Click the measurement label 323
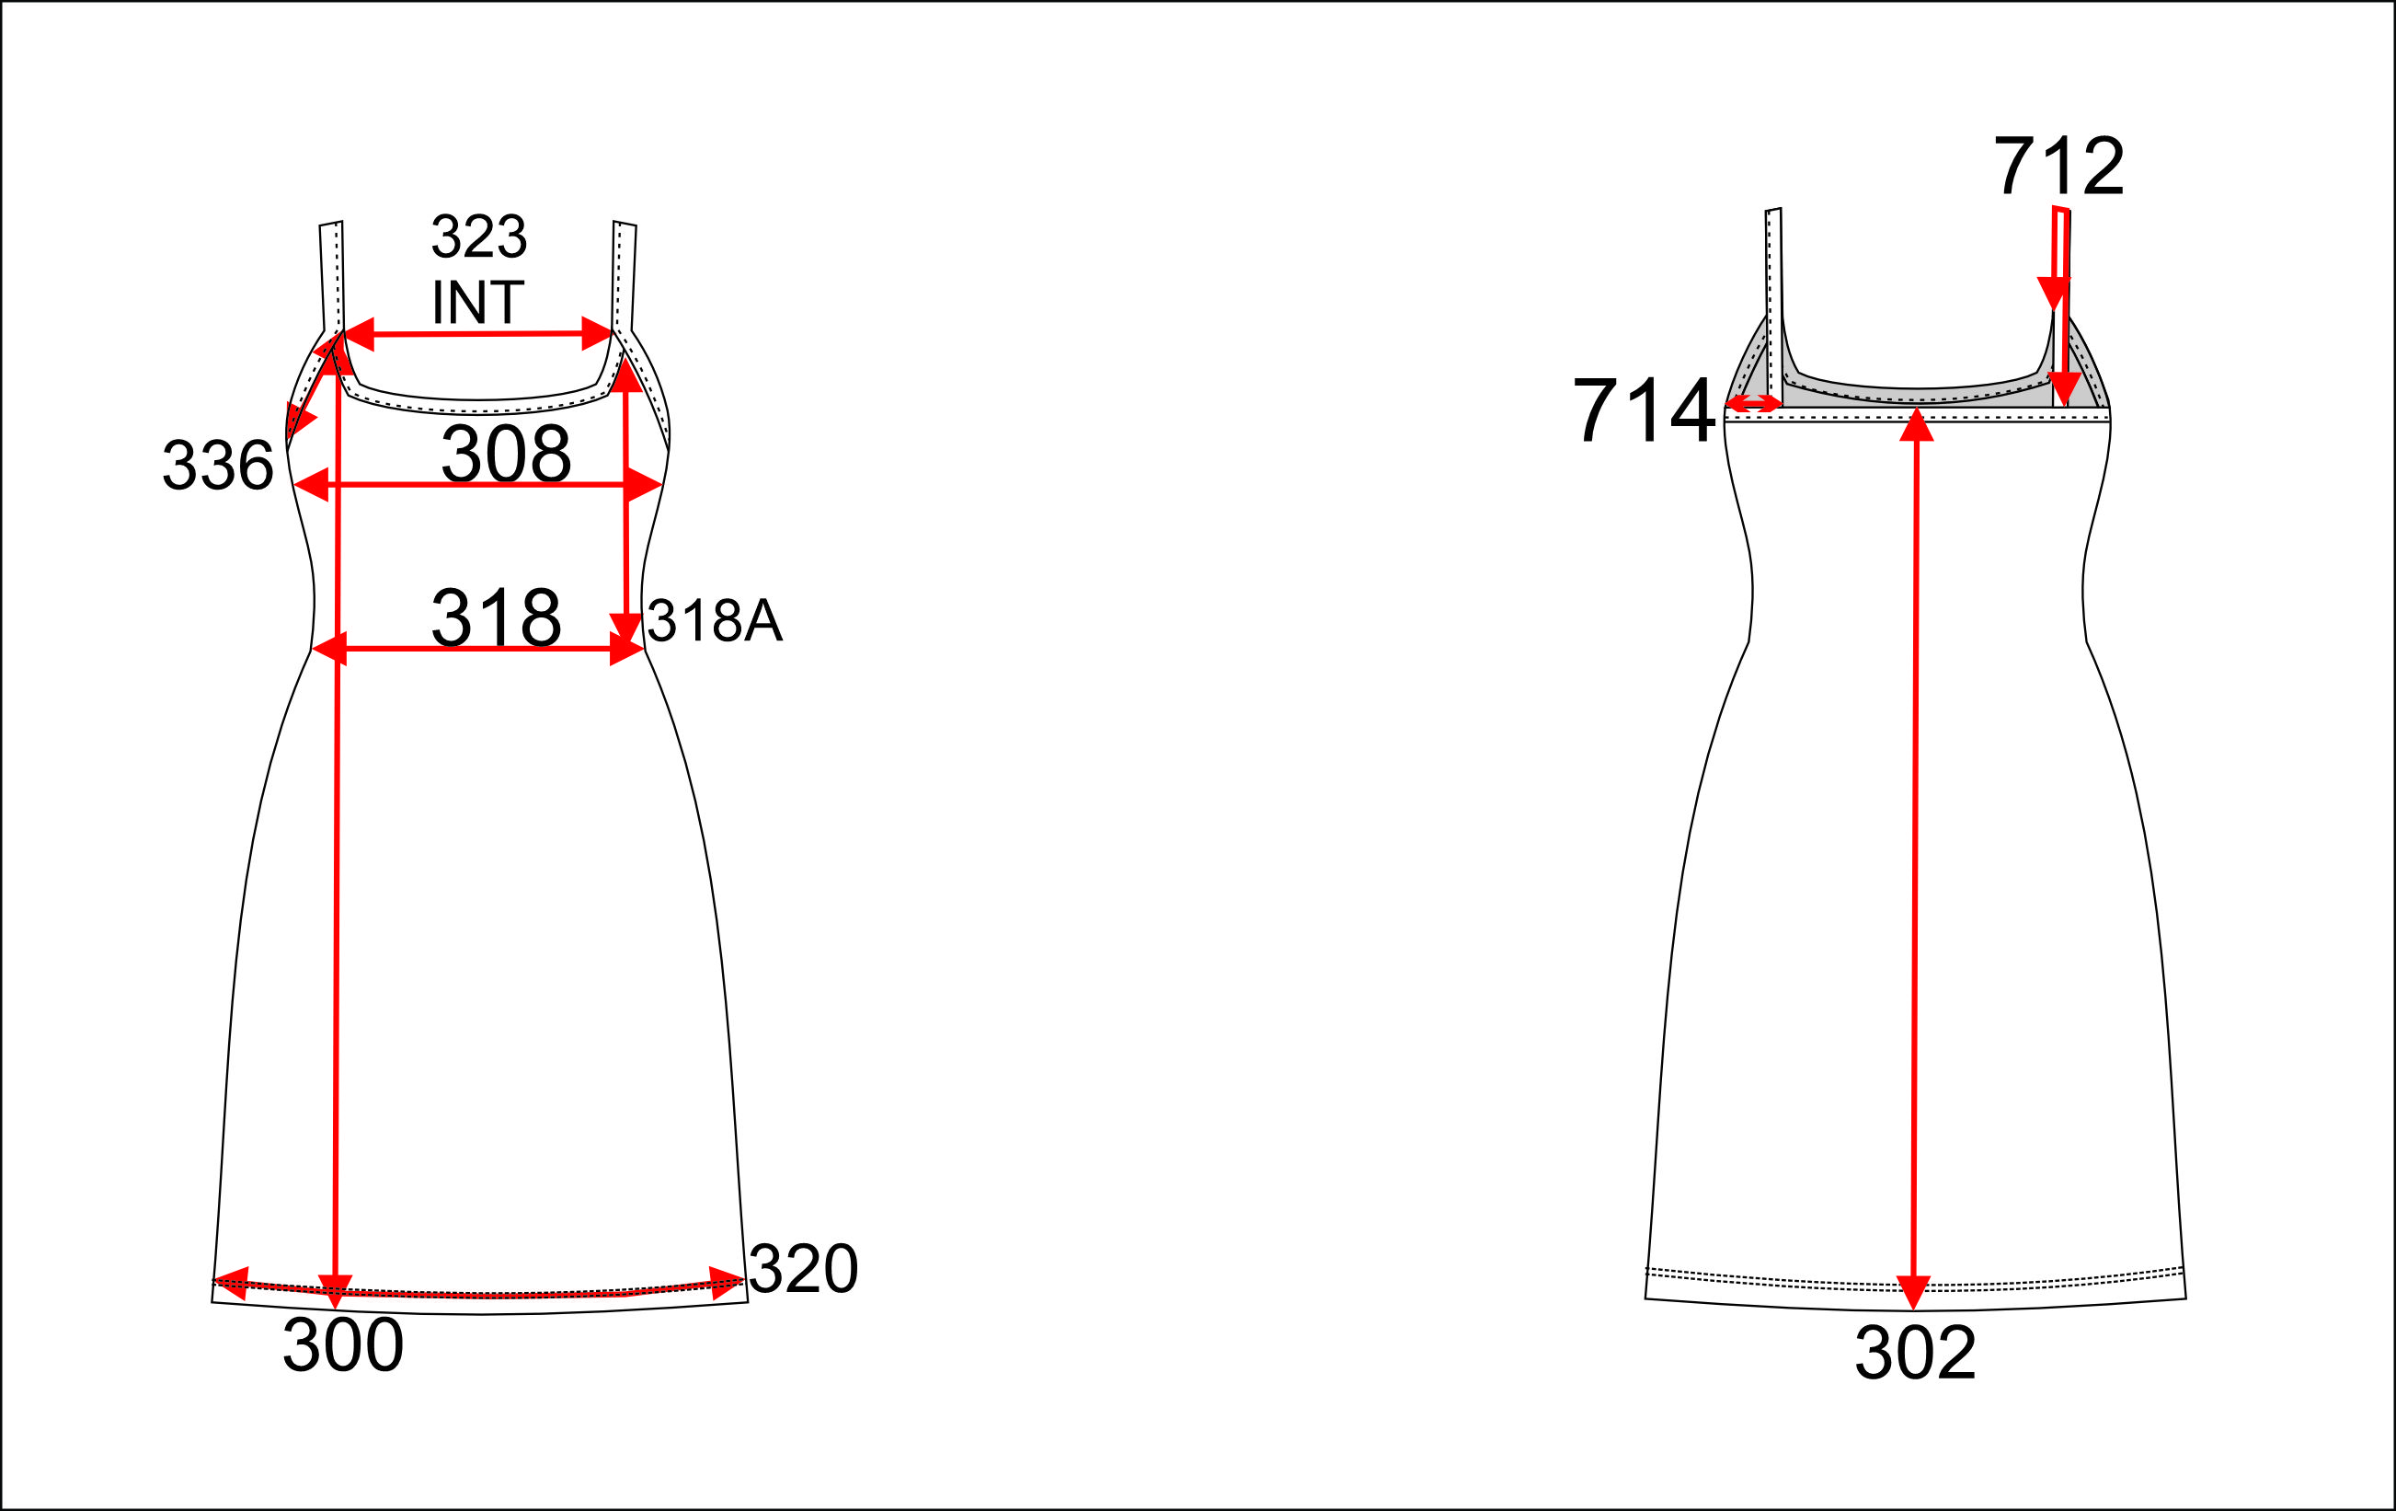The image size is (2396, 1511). point(478,236)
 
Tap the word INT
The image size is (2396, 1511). point(477,302)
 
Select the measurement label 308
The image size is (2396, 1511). point(507,453)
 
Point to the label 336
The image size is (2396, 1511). point(218,465)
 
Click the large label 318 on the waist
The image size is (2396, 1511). point(497,617)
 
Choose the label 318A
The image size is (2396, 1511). point(716,620)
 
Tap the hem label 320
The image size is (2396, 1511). point(803,1269)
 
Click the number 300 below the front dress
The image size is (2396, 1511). point(343,1344)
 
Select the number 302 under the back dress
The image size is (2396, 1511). point(1915,1353)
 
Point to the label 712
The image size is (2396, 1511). point(2058,166)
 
